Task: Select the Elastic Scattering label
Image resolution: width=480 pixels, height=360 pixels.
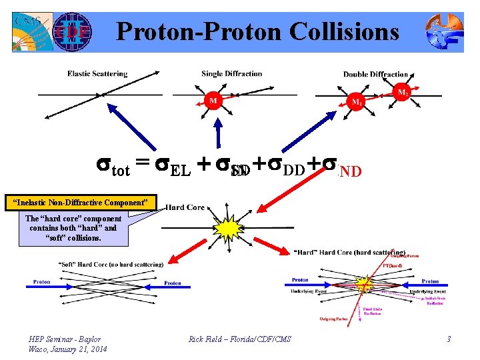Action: [x=97, y=73]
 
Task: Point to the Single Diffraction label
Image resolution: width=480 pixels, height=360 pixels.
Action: [x=232, y=73]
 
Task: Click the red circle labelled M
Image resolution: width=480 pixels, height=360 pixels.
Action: [x=213, y=101]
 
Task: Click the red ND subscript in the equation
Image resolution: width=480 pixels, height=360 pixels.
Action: [x=350, y=171]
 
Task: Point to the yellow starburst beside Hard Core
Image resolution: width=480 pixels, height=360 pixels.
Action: [x=231, y=229]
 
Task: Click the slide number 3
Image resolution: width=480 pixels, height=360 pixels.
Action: [x=449, y=339]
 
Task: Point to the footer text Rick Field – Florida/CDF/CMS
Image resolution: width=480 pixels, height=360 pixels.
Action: [x=240, y=339]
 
